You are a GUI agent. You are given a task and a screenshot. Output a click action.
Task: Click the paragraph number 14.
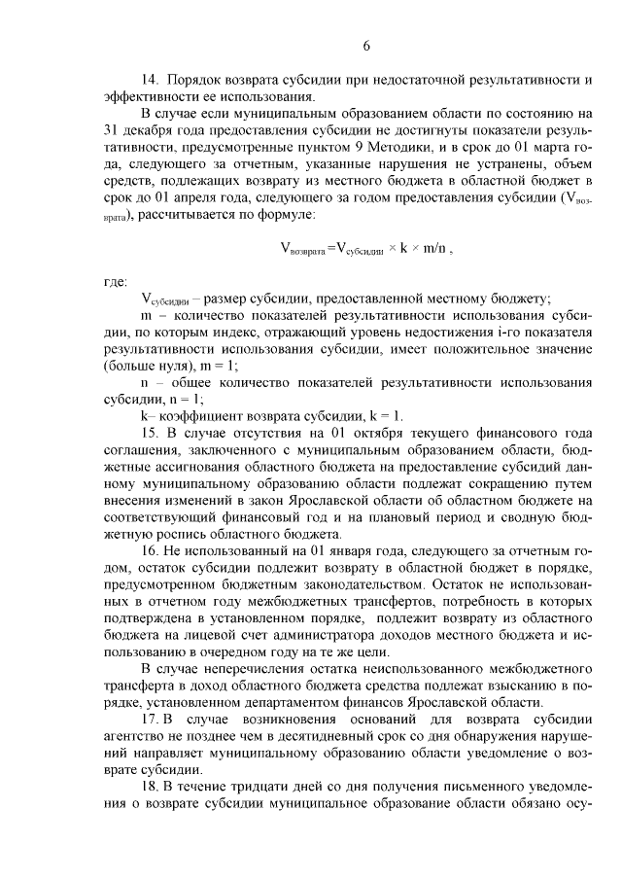click(151, 79)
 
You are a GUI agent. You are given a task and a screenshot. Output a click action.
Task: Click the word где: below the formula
click(116, 282)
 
